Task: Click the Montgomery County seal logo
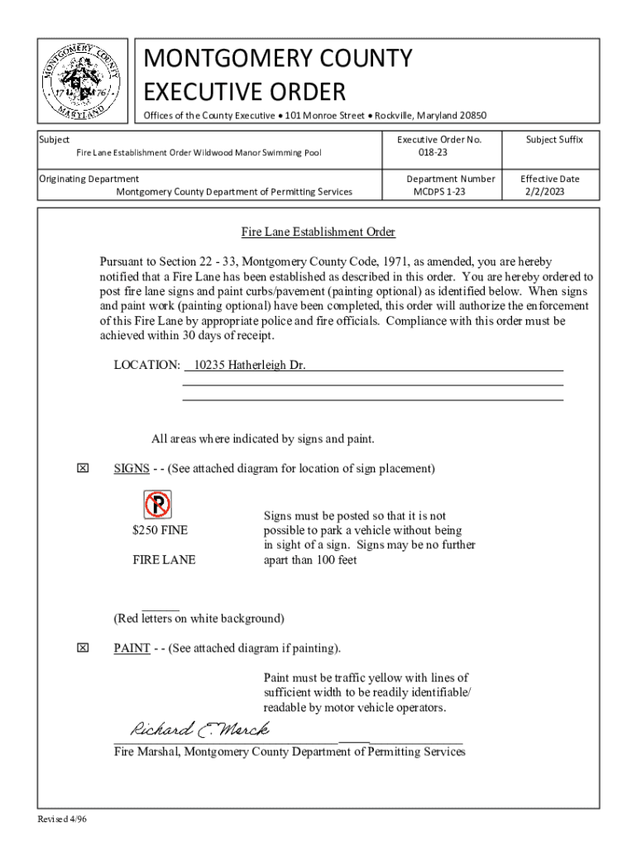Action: pos(82,81)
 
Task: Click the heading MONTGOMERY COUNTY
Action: pos(277,59)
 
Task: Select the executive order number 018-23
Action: pos(433,153)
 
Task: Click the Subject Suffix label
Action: pos(554,140)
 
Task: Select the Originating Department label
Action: pos(89,179)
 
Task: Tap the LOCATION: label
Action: pos(146,365)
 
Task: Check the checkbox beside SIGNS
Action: pos(82,469)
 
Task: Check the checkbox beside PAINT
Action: pos(82,648)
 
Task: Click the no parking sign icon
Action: pos(157,504)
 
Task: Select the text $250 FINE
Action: pos(160,530)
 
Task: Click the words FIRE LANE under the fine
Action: pos(164,560)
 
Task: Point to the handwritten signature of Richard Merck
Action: pos(199,730)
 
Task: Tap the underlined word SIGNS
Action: pos(131,469)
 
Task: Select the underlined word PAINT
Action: pos(132,648)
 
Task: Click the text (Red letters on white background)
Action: pos(199,618)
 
